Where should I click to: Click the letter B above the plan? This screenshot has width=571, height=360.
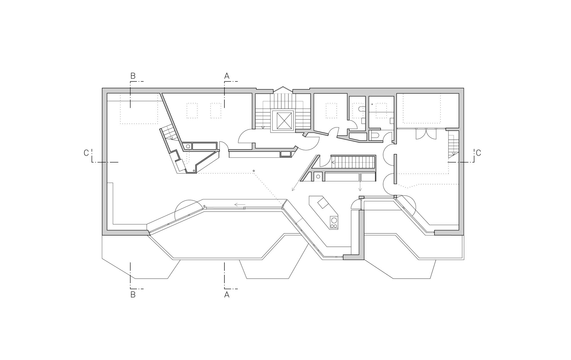pyautogui.click(x=133, y=76)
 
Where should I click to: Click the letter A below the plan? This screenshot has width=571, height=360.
pyautogui.click(x=227, y=295)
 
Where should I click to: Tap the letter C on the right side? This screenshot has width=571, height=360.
pyautogui.click(x=478, y=153)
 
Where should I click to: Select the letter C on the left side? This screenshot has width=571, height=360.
pyautogui.click(x=86, y=153)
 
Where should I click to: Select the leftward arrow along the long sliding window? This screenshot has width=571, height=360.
pyautogui.click(x=240, y=205)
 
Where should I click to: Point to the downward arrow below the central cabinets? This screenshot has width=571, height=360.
pyautogui.click(x=360, y=188)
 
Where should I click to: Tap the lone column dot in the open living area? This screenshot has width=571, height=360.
pyautogui.click(x=254, y=171)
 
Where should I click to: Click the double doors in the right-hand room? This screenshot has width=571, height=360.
pyautogui.click(x=426, y=134)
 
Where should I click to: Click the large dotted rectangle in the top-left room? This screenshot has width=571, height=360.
pyautogui.click(x=139, y=109)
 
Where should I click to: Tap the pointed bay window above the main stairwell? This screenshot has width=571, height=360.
pyautogui.click(x=283, y=89)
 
